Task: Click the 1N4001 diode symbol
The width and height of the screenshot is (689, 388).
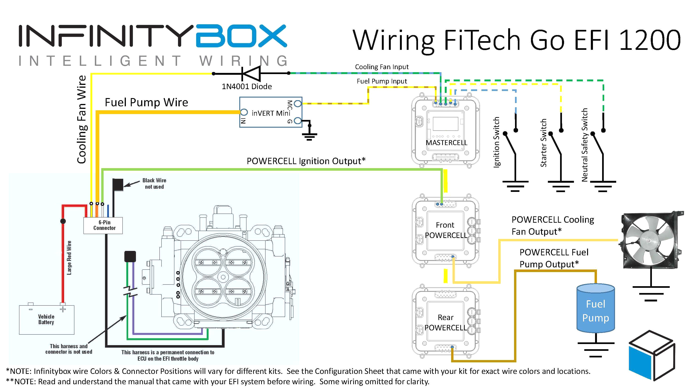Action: [251, 73]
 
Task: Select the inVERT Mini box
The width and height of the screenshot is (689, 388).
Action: [271, 112]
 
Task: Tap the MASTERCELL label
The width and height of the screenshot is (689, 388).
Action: [446, 143]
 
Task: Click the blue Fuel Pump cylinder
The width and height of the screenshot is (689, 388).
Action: [595, 309]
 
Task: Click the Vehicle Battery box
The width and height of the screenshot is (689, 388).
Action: [46, 319]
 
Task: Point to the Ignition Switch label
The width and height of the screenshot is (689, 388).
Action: [496, 142]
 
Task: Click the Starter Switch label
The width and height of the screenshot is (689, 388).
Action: [543, 143]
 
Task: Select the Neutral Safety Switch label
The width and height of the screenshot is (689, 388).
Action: [585, 145]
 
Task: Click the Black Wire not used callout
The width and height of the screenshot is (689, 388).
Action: [154, 184]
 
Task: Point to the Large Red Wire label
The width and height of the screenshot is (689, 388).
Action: [69, 257]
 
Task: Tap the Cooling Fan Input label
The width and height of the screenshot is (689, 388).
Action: [381, 67]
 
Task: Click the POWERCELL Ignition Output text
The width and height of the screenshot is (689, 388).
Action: [306, 161]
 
